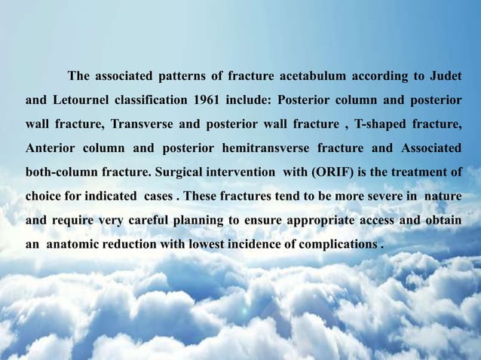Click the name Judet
tap(445, 77)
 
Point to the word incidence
tap(256, 244)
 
